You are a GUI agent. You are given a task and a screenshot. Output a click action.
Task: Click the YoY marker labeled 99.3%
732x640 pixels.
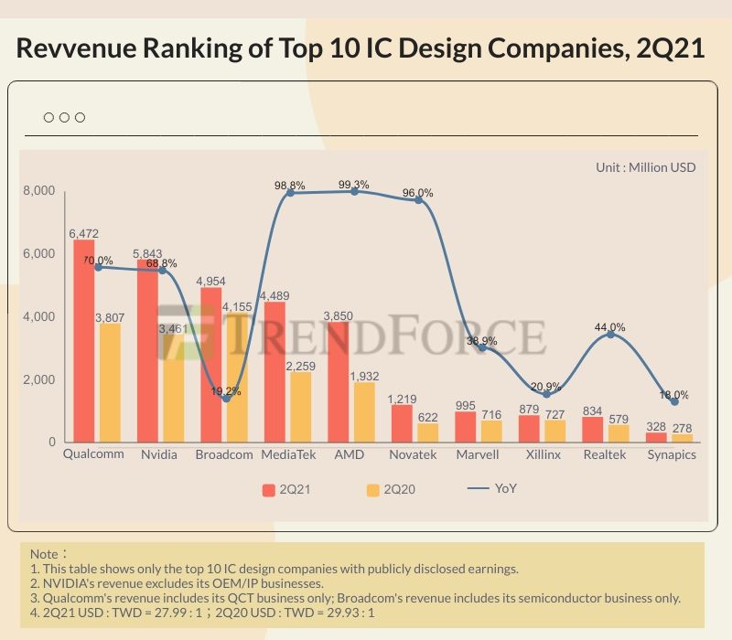click(353, 191)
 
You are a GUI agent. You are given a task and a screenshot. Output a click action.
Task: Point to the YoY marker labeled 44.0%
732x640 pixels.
click(610, 335)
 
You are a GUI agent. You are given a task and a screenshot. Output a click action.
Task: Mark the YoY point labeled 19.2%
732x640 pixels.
click(226, 398)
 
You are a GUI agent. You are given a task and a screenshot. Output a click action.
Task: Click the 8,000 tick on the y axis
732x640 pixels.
click(38, 191)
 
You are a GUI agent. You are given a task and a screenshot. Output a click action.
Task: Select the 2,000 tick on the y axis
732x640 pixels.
click(38, 379)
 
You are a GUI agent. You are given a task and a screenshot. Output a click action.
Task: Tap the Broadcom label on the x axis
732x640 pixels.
click(224, 454)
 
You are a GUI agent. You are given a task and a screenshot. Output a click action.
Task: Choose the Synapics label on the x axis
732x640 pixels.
click(671, 454)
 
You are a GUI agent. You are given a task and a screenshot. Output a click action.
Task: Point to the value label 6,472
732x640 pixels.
click(84, 233)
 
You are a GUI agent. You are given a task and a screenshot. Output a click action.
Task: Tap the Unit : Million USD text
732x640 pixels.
click(645, 167)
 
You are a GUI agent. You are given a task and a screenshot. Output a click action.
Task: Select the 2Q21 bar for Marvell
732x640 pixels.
click(466, 427)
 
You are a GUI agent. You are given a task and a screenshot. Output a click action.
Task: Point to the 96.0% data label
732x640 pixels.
click(418, 193)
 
